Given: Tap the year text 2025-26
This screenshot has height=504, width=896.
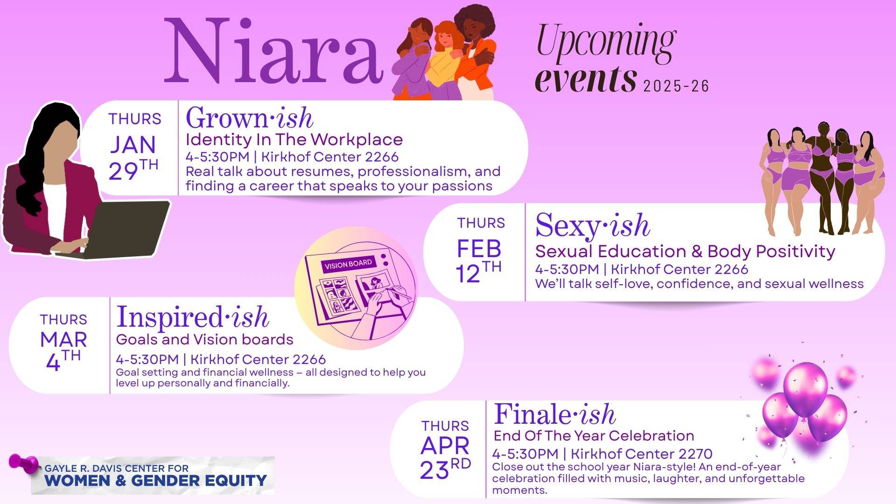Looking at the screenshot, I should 676,86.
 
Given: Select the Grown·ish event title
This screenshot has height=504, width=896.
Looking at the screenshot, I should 249,118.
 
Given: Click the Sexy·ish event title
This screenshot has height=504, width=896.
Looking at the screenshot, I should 592,225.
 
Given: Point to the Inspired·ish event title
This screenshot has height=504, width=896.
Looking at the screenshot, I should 192,317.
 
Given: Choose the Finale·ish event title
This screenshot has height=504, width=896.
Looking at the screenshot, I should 554,414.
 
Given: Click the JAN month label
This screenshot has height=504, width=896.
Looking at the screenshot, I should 133,145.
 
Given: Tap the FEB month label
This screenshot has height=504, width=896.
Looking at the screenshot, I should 479,249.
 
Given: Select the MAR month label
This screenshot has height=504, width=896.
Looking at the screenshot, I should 63,340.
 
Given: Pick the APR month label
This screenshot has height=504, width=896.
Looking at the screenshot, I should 445,446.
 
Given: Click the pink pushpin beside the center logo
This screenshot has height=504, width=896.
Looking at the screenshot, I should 23,463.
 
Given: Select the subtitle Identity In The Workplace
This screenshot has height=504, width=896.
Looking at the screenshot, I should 294,140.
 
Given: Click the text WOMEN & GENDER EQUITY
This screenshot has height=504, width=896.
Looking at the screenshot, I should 156,481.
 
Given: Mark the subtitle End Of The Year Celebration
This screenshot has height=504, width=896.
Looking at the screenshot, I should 594,436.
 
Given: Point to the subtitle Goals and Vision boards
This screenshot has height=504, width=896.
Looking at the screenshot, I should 204,339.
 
